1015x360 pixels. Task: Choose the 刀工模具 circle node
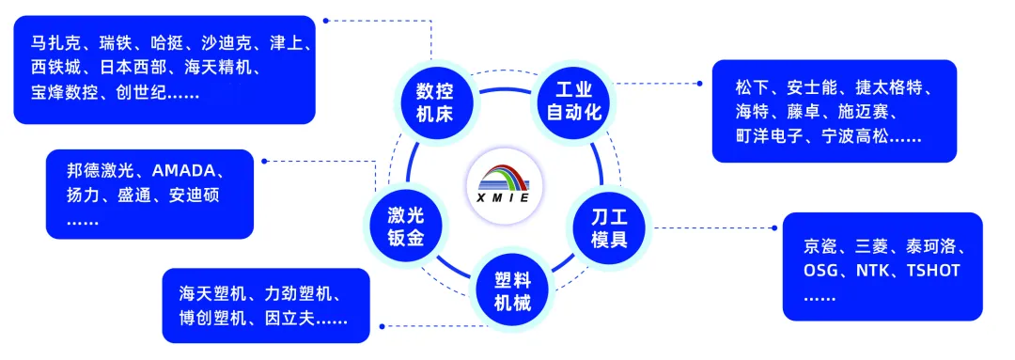[x=609, y=227]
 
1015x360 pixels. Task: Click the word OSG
[x=822, y=271]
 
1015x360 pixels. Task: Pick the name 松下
[x=753, y=87]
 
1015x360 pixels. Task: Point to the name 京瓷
[x=821, y=247]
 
